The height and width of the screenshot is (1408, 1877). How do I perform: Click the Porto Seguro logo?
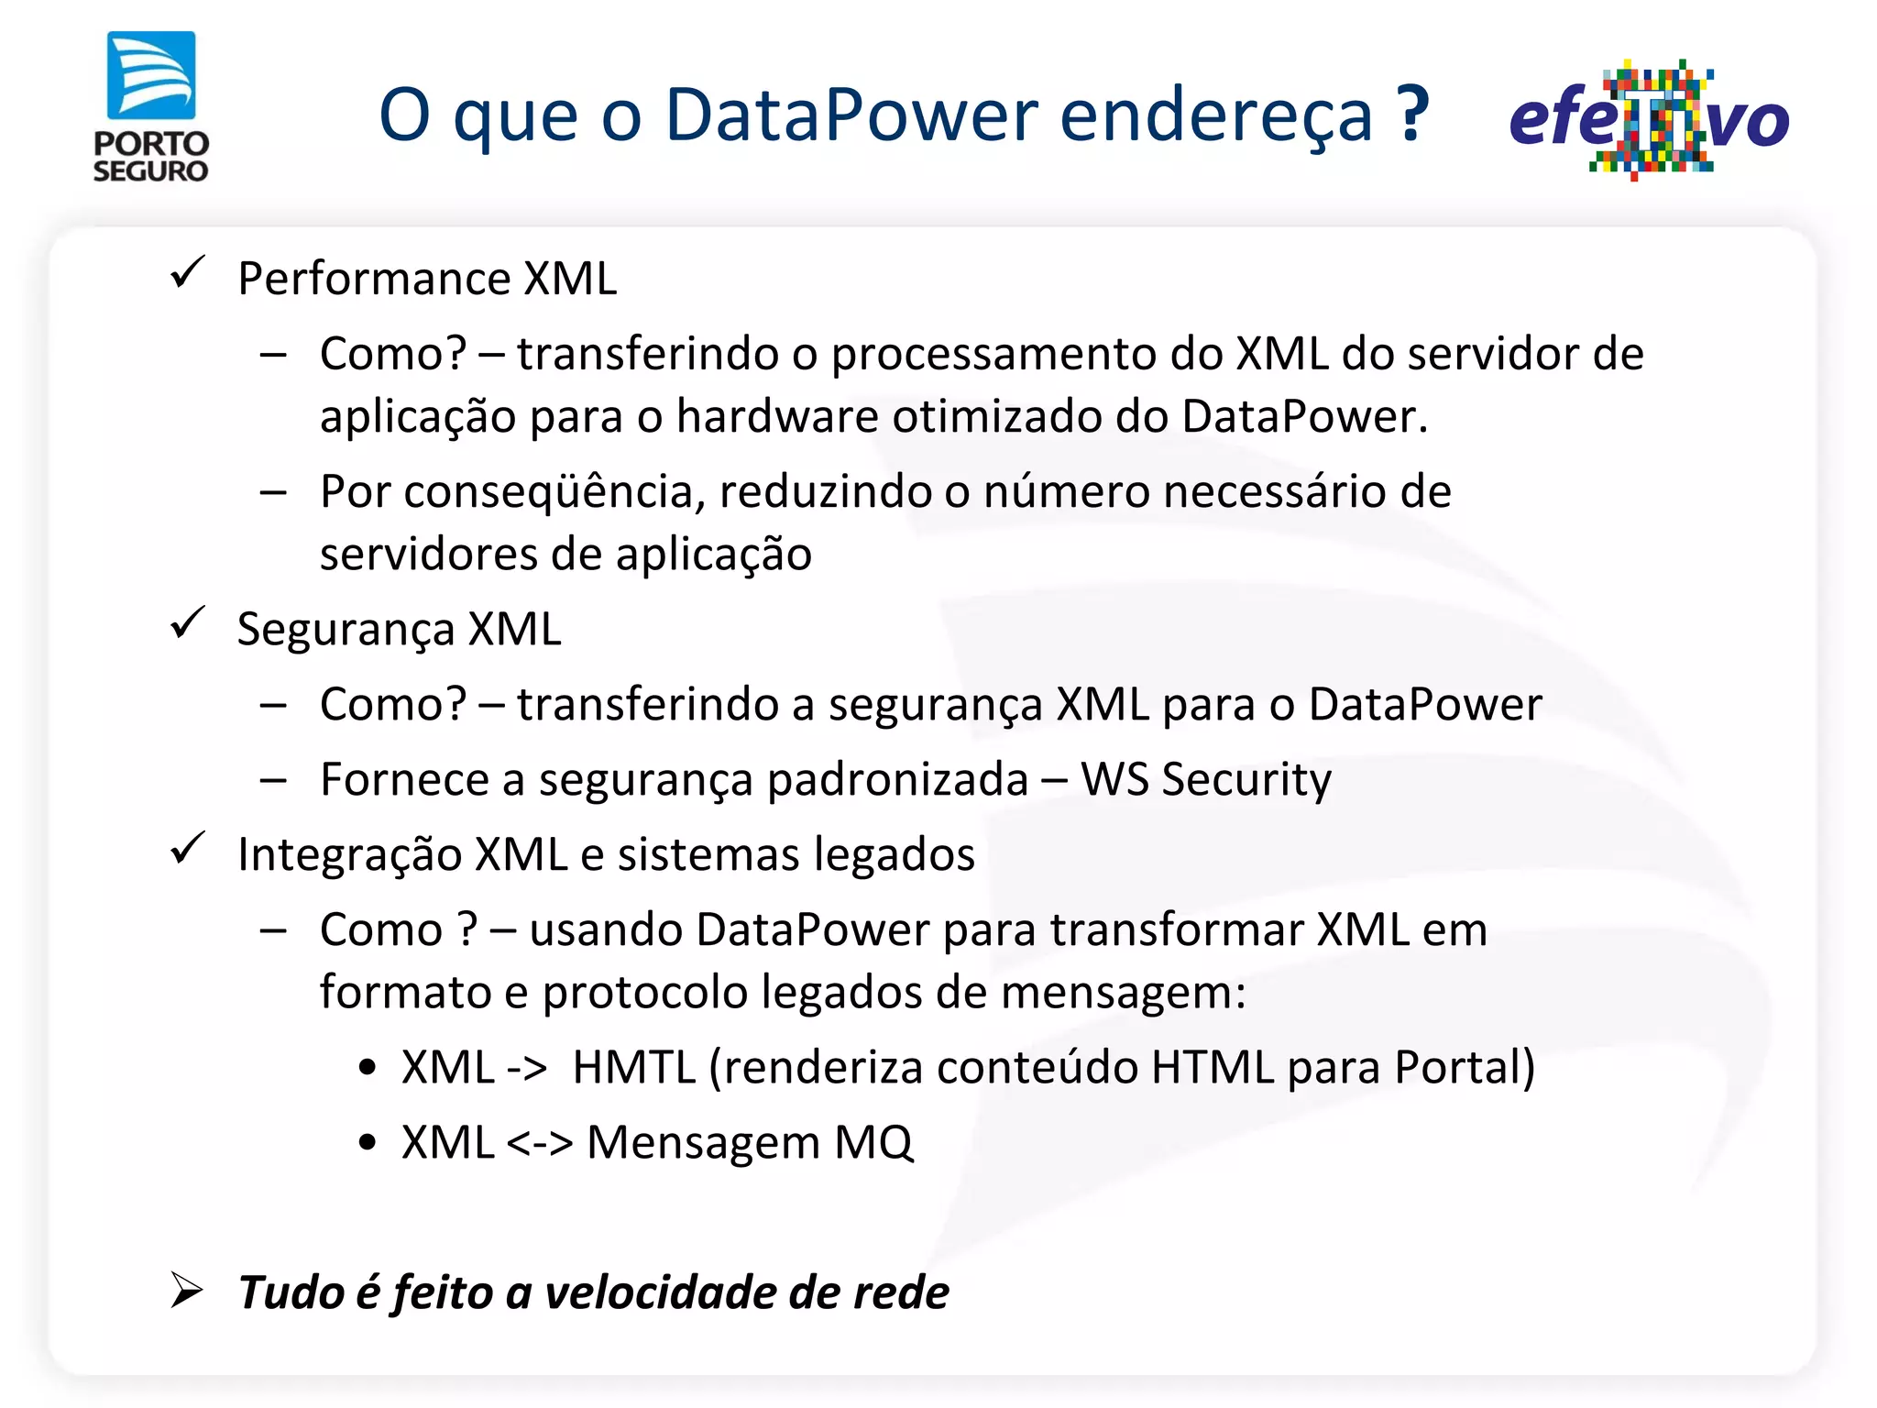pos(151,106)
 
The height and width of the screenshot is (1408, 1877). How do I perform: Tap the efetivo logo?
pos(1649,120)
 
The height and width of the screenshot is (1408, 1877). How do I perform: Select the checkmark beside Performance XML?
pos(188,272)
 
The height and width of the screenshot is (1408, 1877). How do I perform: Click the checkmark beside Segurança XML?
pos(188,623)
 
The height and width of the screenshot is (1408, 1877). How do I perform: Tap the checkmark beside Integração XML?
pos(188,848)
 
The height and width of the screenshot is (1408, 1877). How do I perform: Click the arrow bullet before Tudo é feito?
pos(187,1291)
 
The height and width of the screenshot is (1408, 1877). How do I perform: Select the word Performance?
pos(373,279)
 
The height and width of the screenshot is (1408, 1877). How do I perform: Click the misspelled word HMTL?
pos(633,1068)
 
